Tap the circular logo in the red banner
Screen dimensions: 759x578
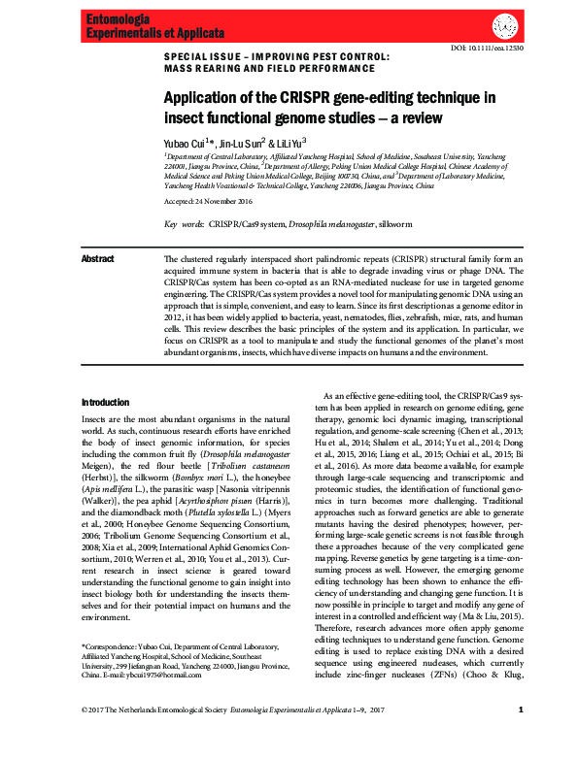(504, 25)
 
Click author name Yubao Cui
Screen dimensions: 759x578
(184, 142)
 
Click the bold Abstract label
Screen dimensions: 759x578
(97, 259)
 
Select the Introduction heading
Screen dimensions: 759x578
(105, 402)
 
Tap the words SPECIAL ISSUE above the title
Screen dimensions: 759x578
(201, 55)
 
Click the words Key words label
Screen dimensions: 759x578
(184, 223)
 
